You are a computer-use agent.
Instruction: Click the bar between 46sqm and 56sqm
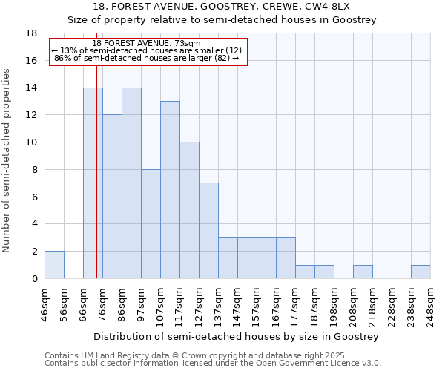tap(54, 265)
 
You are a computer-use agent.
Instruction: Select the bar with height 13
tap(170, 190)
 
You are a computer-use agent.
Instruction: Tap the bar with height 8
tap(151, 224)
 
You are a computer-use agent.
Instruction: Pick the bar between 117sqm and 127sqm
tap(189, 210)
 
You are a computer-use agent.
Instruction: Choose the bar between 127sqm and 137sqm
tap(208, 231)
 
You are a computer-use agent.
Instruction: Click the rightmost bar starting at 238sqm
tap(421, 272)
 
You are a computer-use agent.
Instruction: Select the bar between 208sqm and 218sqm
tap(363, 272)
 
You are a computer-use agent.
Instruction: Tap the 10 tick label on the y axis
tap(32, 142)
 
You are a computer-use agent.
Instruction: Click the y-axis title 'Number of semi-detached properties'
tap(7, 160)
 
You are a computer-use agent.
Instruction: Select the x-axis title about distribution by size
tap(237, 336)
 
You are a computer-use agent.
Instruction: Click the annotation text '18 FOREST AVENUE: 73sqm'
tap(147, 44)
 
